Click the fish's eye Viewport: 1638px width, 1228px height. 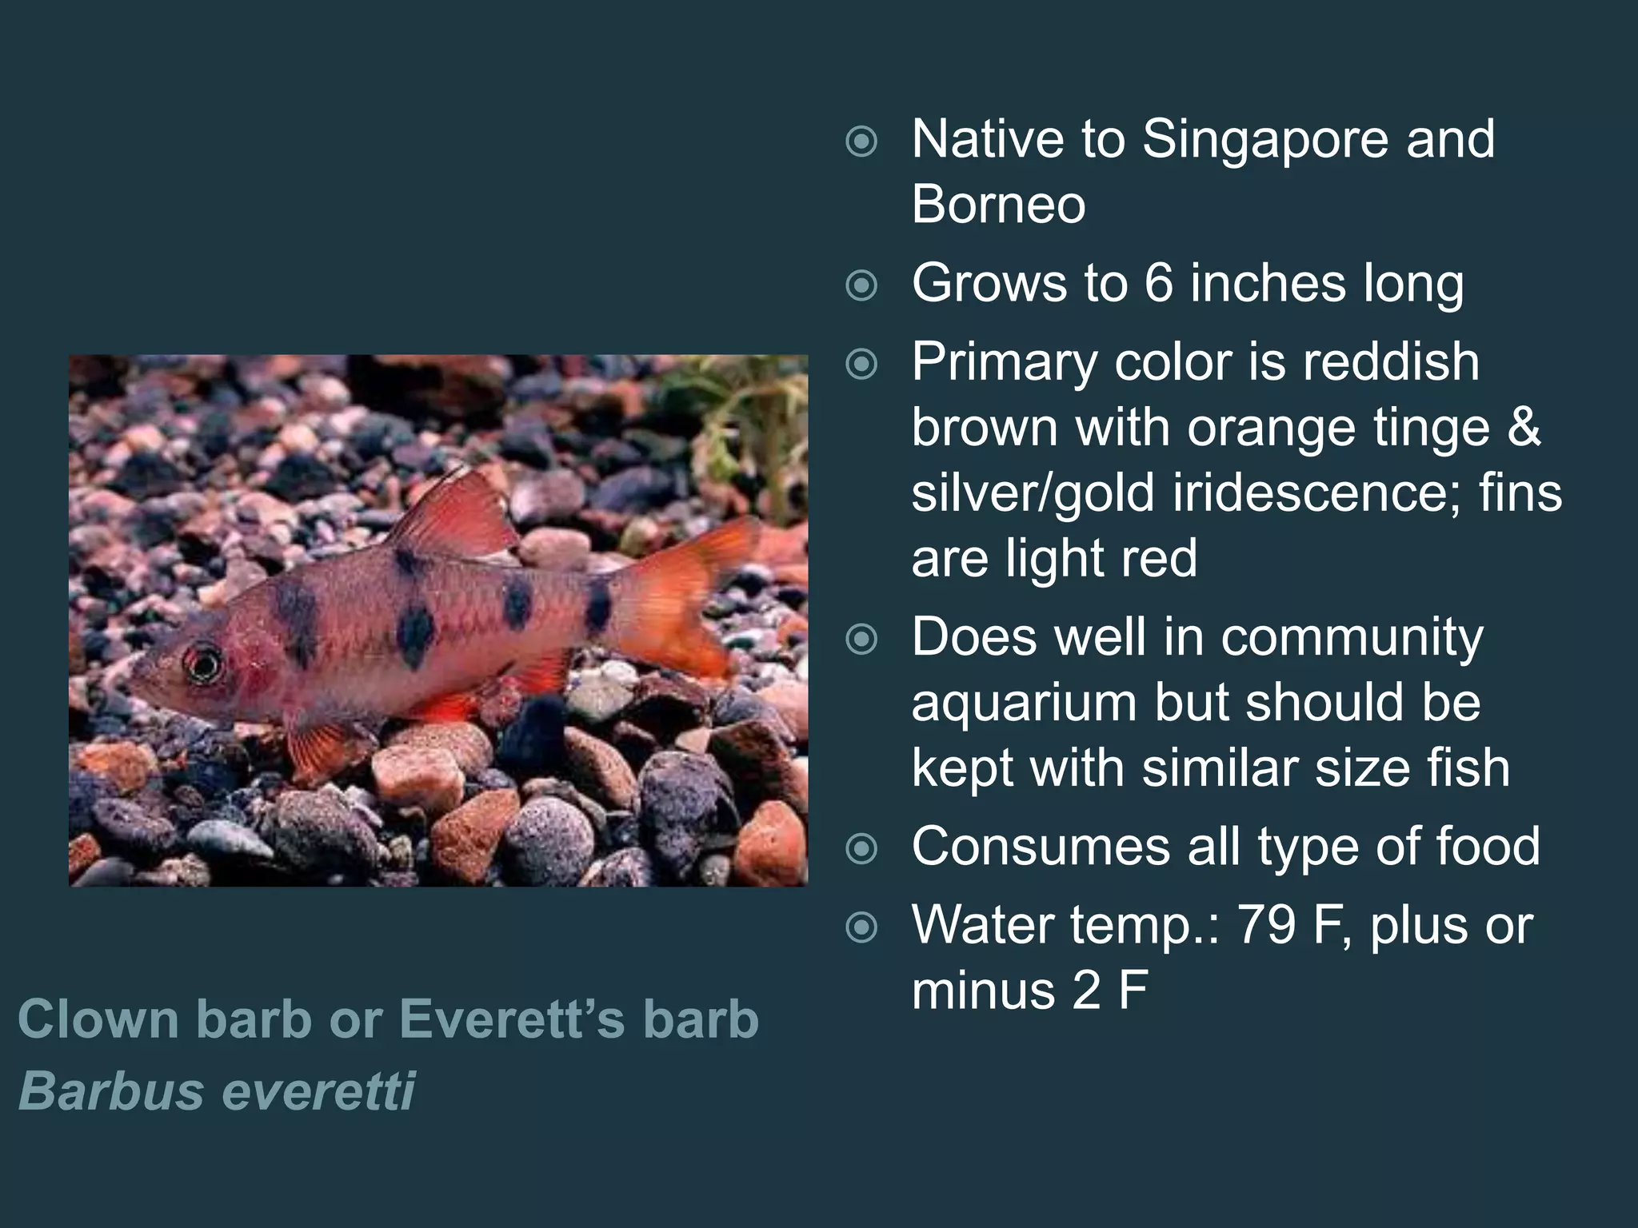pos(203,663)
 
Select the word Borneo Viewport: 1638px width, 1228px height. pos(998,205)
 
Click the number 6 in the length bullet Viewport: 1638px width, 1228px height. pos(1158,283)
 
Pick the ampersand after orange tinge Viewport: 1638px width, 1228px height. pos(1524,428)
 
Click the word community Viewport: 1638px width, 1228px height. pos(1352,637)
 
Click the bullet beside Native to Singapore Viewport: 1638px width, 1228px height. pos(861,143)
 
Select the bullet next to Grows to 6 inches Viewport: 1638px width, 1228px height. pos(861,285)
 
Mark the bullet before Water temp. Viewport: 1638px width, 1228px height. pos(861,927)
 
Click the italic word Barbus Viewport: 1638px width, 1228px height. pos(111,1090)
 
